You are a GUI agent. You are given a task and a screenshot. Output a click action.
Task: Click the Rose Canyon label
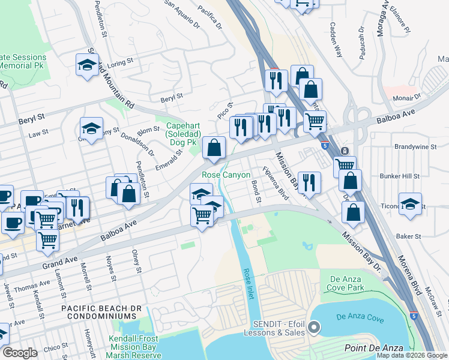(226, 175)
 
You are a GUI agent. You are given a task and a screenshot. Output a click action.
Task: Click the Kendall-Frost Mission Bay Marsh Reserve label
(143, 342)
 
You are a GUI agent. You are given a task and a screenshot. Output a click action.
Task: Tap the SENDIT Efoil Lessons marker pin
(315, 327)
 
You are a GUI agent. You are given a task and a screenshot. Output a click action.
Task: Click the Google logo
(20, 353)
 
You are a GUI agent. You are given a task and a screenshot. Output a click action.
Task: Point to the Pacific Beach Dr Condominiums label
(98, 312)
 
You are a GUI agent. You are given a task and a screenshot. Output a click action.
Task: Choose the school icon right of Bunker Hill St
(410, 203)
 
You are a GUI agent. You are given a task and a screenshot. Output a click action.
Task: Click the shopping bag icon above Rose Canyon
(214, 147)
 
